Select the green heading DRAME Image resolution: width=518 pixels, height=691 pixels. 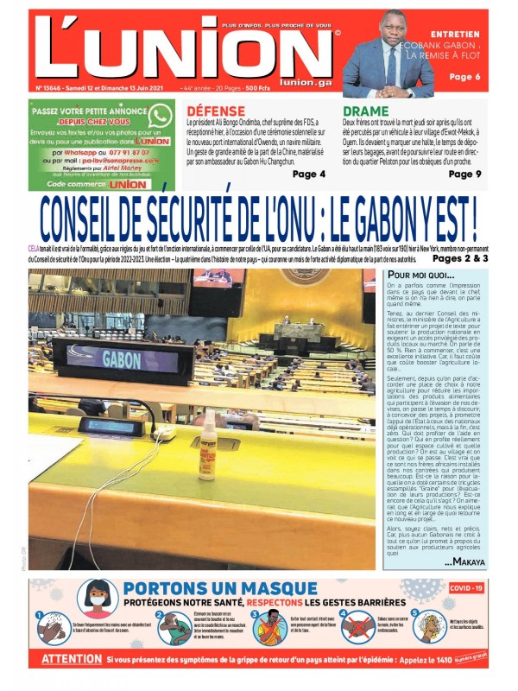tap(366, 111)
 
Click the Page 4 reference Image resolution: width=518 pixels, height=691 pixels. tap(309, 174)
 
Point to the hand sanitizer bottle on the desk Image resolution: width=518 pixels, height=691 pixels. tap(207, 446)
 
